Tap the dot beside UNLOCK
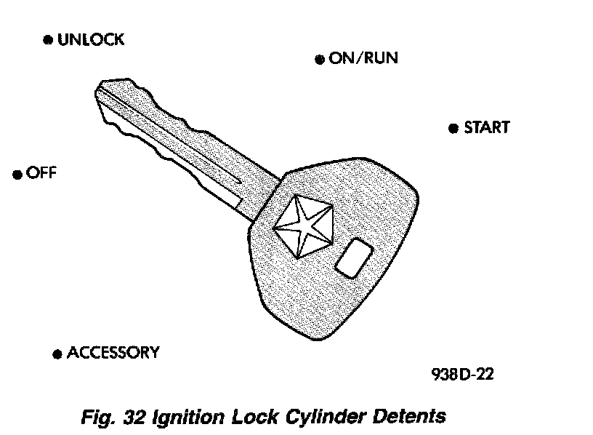48,41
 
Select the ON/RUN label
363,59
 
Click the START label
486,128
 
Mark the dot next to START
453,129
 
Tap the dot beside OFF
17,175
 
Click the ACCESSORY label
113,354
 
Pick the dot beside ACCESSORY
57,355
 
